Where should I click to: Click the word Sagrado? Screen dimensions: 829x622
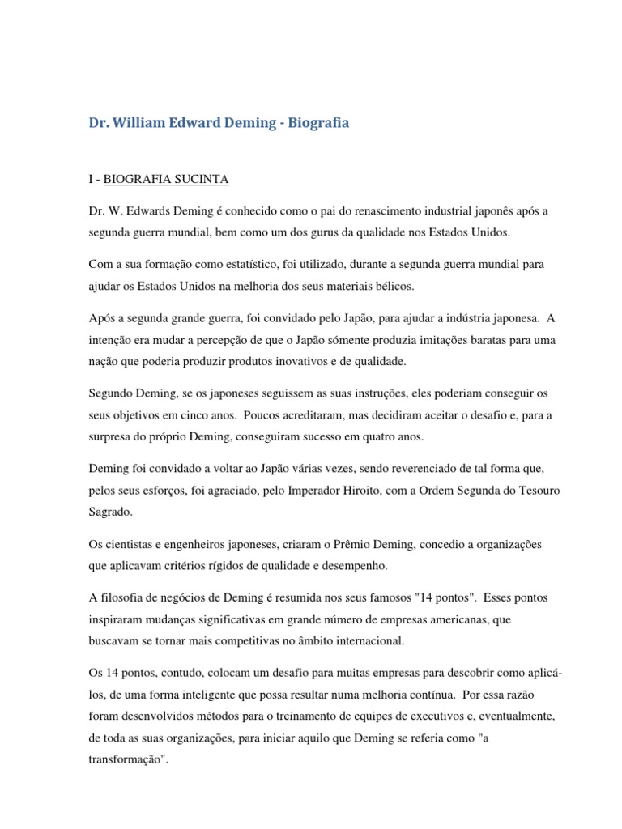click(x=113, y=510)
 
